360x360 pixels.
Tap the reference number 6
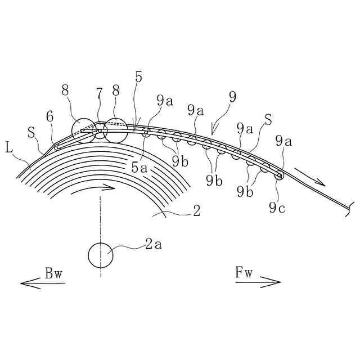coord(49,118)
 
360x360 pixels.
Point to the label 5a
coord(139,166)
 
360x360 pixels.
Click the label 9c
coord(276,209)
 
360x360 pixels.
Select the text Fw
coord(245,274)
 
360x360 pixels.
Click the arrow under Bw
coord(42,283)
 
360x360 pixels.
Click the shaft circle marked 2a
coord(100,255)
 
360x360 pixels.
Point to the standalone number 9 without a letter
coord(232,97)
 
